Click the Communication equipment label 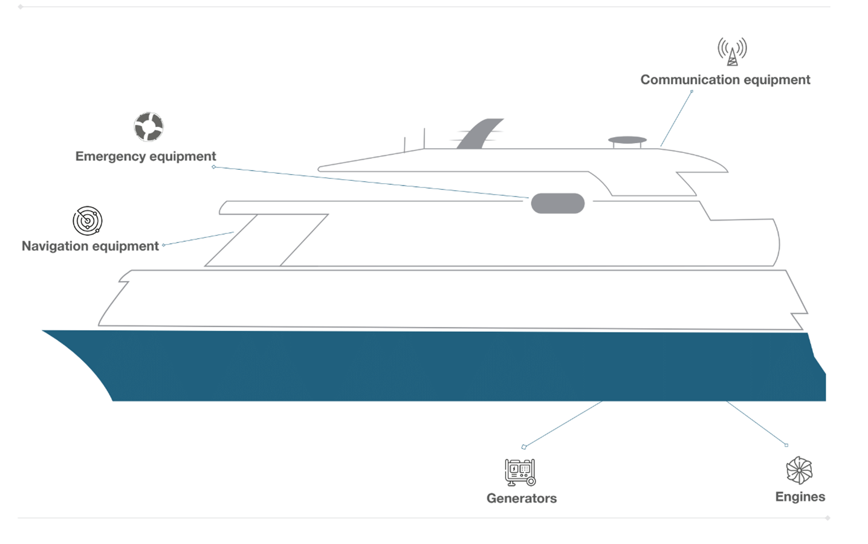pyautogui.click(x=725, y=80)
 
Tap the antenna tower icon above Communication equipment pyautogui.click(x=732, y=51)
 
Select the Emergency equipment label pyautogui.click(x=145, y=157)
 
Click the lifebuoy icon pyautogui.click(x=149, y=127)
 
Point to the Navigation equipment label pyautogui.click(x=90, y=246)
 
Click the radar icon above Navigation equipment pyautogui.click(x=88, y=221)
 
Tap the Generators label pyautogui.click(x=521, y=498)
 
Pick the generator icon pyautogui.click(x=520, y=472)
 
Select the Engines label pyautogui.click(x=800, y=497)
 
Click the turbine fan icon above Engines pyautogui.click(x=799, y=470)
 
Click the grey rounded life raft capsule pyautogui.click(x=557, y=204)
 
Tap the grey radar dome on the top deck pyautogui.click(x=627, y=140)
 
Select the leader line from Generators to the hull pyautogui.click(x=563, y=424)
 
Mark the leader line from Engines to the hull pyautogui.click(x=756, y=423)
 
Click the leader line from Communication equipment pyautogui.click(x=676, y=118)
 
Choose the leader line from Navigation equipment pyautogui.click(x=199, y=238)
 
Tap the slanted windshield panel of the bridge pyautogui.click(x=267, y=240)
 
